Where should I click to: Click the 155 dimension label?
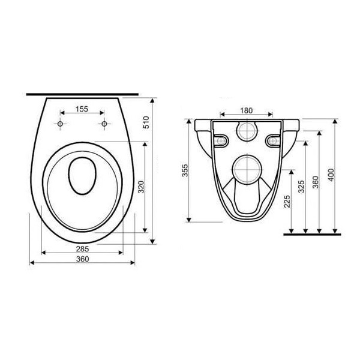(x=82, y=109)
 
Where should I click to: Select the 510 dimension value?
(x=146, y=122)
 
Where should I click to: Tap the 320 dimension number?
(x=142, y=187)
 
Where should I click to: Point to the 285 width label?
(x=82, y=248)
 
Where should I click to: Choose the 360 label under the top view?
(x=82, y=259)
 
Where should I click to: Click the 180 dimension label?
(x=247, y=110)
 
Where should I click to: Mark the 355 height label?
(x=185, y=170)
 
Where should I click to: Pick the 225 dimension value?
(x=287, y=202)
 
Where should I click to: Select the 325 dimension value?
(x=301, y=187)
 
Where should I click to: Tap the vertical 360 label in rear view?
(x=316, y=182)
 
